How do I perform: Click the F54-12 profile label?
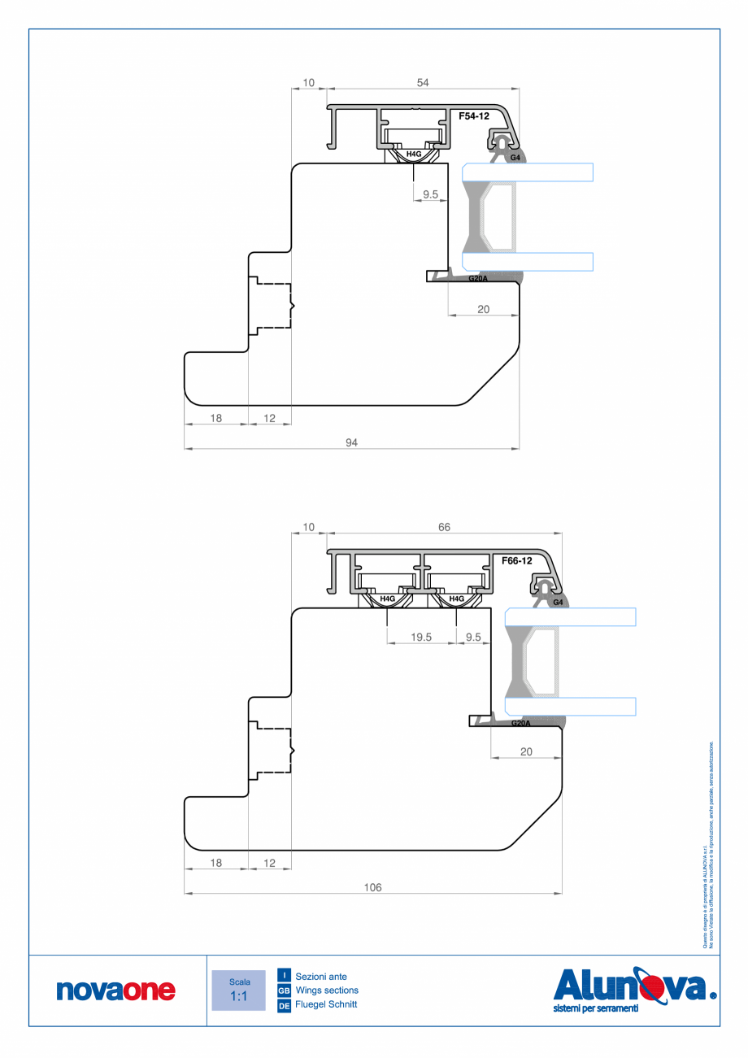pyautogui.click(x=474, y=116)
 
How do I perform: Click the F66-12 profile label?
pyautogui.click(x=516, y=561)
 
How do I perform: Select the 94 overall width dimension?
pyautogui.click(x=352, y=442)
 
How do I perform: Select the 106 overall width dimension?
pyautogui.click(x=372, y=887)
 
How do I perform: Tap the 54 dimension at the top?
pyautogui.click(x=422, y=82)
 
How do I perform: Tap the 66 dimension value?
pyautogui.click(x=444, y=527)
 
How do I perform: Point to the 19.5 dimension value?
pyautogui.click(x=421, y=638)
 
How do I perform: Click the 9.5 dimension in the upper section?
pyautogui.click(x=431, y=194)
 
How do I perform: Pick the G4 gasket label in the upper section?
pyautogui.click(x=515, y=157)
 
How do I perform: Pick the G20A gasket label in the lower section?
pyautogui.click(x=520, y=723)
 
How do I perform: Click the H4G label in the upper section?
pyautogui.click(x=414, y=154)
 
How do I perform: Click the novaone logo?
pyautogui.click(x=116, y=991)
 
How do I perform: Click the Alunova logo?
pyautogui.click(x=634, y=990)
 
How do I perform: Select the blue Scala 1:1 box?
pyautogui.click(x=238, y=990)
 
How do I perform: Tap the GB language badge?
pyautogui.click(x=285, y=991)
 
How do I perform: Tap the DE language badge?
pyautogui.click(x=285, y=1005)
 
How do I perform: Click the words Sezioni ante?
pyautogui.click(x=321, y=976)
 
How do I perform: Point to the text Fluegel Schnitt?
pyautogui.click(x=326, y=1005)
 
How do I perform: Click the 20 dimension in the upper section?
pyautogui.click(x=483, y=309)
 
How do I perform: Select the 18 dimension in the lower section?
pyautogui.click(x=216, y=864)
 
